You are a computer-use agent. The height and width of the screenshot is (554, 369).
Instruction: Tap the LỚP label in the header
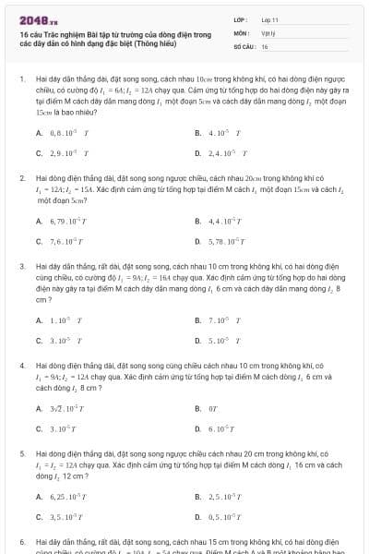point(240,19)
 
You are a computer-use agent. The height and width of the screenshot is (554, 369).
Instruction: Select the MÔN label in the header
point(240,32)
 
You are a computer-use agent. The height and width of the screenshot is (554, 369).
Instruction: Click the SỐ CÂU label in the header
point(243,45)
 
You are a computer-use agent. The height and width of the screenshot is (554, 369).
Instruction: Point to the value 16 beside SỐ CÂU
point(265,45)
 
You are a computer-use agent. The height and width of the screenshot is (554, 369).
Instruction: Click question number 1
point(21,79)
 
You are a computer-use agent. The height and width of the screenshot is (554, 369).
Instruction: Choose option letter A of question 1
point(39,132)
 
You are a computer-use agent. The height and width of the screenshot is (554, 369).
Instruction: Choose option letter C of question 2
point(39,241)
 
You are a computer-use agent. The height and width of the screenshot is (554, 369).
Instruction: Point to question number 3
point(21,265)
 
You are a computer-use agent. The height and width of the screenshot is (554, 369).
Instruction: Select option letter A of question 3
point(39,320)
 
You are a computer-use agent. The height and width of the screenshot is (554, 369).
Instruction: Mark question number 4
point(21,365)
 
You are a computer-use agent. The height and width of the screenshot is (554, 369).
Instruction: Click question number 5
point(21,454)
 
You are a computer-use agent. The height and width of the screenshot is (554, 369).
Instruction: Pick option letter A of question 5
point(39,498)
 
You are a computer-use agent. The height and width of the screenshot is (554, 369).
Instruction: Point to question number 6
point(21,542)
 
